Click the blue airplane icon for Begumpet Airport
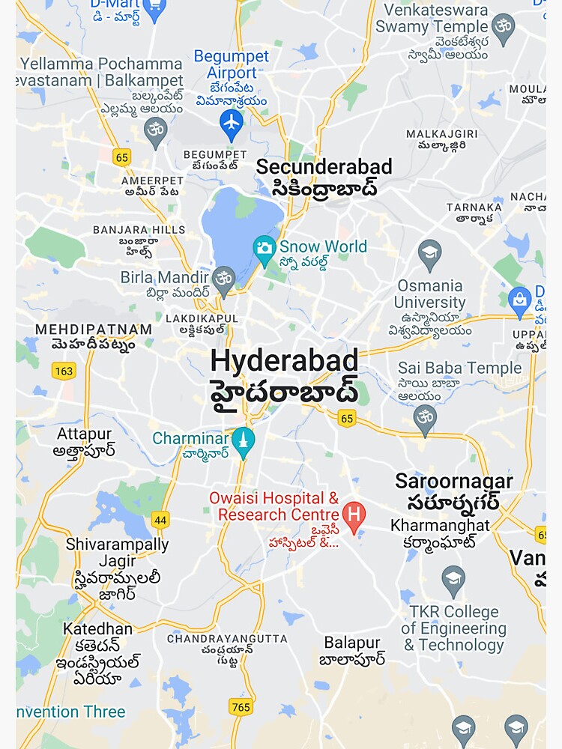point(232,121)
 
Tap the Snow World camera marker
point(265,248)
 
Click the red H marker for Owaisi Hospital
point(353,514)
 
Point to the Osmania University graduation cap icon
point(430,253)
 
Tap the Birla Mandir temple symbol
point(223,279)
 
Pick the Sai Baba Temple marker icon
point(425,416)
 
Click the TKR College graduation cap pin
point(453,578)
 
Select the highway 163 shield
point(64,370)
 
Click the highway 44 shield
point(160,520)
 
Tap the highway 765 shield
point(241,707)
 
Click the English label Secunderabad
point(324,167)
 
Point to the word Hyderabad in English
point(284,361)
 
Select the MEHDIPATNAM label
point(94,330)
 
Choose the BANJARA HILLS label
point(139,230)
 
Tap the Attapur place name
point(84,434)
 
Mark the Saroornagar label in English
point(454,481)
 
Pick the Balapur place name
point(352,643)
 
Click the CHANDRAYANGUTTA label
point(227,639)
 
